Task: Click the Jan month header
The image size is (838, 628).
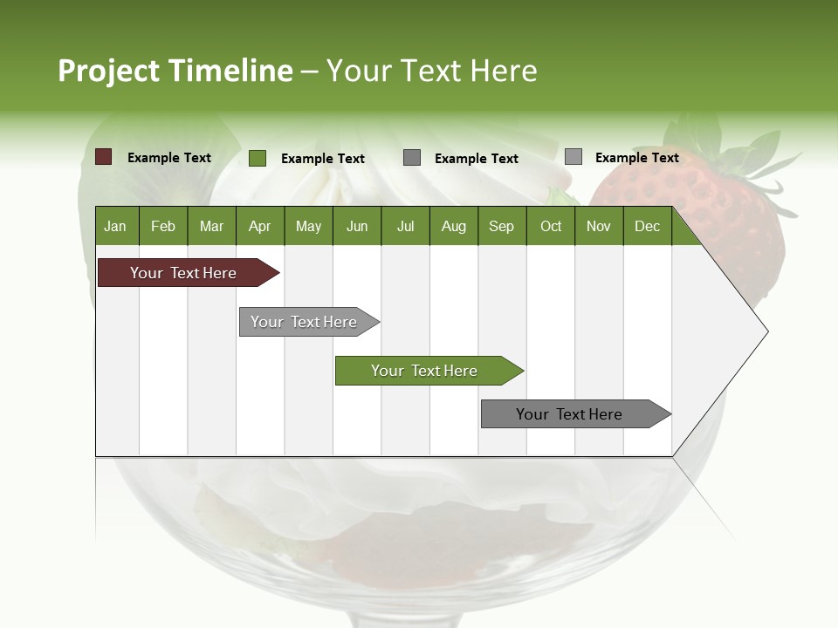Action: click(x=116, y=226)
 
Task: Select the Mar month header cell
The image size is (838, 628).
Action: click(x=211, y=226)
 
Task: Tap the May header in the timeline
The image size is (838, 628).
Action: click(x=308, y=226)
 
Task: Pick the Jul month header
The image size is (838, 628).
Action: click(x=405, y=226)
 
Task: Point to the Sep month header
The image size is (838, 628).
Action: click(x=501, y=226)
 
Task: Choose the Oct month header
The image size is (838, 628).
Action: click(x=551, y=226)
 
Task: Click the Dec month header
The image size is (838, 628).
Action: click(x=647, y=226)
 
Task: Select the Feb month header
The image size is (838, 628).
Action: click(x=163, y=226)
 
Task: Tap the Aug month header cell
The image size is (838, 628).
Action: click(x=453, y=226)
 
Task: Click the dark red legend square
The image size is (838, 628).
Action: click(x=103, y=157)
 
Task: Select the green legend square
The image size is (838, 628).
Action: click(x=257, y=158)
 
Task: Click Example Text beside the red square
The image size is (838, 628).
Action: click(x=169, y=158)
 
